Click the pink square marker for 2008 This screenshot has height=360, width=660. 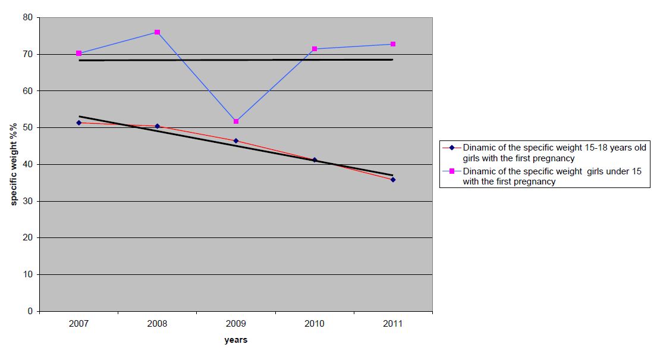pyautogui.click(x=157, y=32)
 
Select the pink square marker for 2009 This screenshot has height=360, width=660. pyautogui.click(x=236, y=121)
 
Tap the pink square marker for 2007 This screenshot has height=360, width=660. pyautogui.click(x=78, y=54)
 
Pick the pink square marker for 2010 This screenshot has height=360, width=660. pyautogui.click(x=315, y=49)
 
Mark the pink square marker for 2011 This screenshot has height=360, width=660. pyautogui.click(x=393, y=44)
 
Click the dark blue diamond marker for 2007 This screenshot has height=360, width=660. pyautogui.click(x=78, y=123)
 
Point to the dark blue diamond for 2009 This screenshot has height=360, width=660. pyautogui.click(x=236, y=141)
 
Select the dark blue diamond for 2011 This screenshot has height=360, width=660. pyautogui.click(x=393, y=179)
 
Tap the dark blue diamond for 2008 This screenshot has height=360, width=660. pyautogui.click(x=157, y=126)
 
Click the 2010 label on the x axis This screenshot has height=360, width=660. pyautogui.click(x=315, y=324)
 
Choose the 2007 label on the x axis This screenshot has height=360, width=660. pyautogui.click(x=78, y=324)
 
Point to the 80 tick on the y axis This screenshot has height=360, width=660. pyautogui.click(x=27, y=18)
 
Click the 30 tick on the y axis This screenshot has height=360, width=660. pyautogui.click(x=27, y=201)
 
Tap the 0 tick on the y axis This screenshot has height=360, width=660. pyautogui.click(x=30, y=311)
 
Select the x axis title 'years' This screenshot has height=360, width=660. pyautogui.click(x=235, y=340)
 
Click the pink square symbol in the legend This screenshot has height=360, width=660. pyautogui.click(x=451, y=171)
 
